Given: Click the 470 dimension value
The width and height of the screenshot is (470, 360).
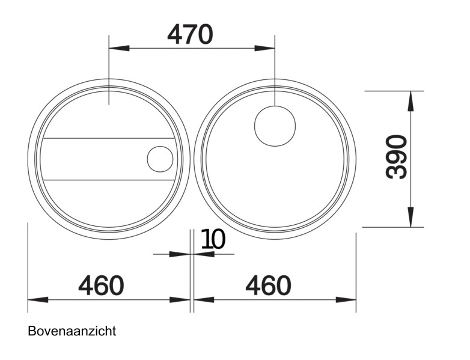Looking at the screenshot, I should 190,35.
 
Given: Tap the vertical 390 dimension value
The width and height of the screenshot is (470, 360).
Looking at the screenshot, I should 397,157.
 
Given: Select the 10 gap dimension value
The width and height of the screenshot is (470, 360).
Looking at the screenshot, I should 213,239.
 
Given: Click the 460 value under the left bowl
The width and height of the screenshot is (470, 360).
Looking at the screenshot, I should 101,285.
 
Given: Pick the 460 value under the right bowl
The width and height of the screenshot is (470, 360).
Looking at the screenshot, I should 268,285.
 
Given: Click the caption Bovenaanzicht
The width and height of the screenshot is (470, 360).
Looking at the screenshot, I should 72,331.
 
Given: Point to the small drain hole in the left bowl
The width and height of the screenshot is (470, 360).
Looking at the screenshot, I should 160,159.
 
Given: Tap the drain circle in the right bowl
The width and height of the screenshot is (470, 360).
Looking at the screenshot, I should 275,125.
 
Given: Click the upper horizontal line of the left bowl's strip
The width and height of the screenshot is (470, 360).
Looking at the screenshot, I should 108,138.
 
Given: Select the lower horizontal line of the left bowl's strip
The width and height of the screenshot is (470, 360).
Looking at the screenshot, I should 108,180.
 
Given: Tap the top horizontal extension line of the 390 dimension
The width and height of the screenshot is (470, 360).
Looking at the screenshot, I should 394,91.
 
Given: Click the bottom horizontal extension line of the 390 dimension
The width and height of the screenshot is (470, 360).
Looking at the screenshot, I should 394,227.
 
